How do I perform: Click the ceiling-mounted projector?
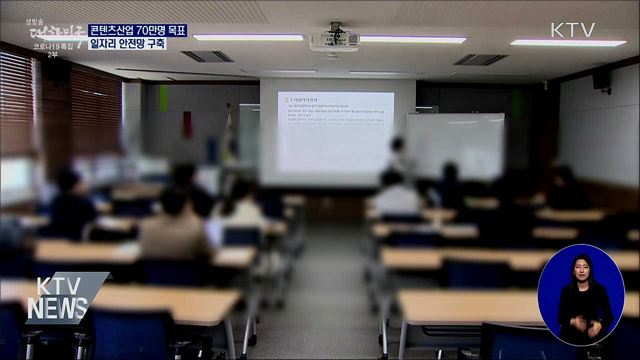333,40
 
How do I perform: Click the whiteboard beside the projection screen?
456,146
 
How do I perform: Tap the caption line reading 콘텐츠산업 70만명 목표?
138,30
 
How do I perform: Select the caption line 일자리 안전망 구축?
128,44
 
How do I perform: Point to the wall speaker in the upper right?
602,79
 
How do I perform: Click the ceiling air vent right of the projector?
481,59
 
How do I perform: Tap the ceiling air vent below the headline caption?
207,56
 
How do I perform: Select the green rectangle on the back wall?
163,97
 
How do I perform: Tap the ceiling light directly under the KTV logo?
567,43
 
